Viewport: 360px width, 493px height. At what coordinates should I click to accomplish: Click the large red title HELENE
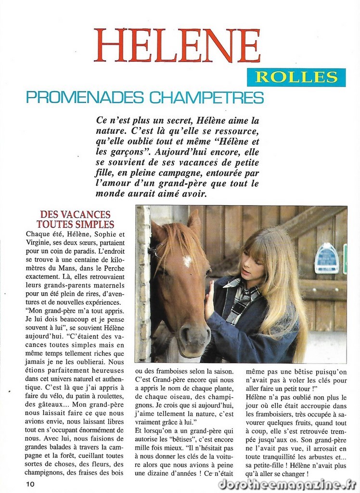click(x=177, y=46)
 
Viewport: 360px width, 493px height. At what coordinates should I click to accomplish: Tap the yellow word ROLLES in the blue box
click(x=296, y=77)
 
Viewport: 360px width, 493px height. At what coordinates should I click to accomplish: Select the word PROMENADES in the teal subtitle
click(x=84, y=97)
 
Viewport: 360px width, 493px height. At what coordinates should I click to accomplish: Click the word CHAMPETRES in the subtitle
click(x=206, y=97)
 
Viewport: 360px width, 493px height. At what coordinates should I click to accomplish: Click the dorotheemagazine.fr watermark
click(x=287, y=483)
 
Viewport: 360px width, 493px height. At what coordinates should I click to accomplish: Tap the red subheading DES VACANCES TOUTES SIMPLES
click(x=75, y=219)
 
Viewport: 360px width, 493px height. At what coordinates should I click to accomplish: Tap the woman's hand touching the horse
click(x=209, y=301)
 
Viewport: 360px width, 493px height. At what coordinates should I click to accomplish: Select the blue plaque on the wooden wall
click(x=326, y=259)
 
